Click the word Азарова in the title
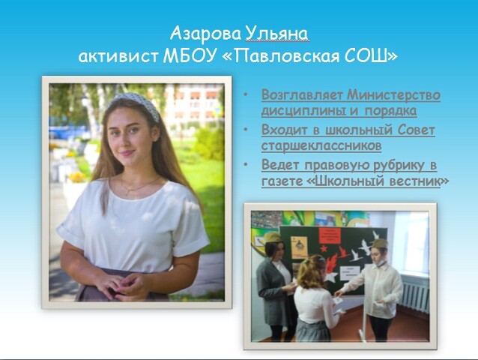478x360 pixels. pos(205,34)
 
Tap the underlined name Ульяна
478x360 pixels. pos(276,34)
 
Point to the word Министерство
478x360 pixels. pos(394,95)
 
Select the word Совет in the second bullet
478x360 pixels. pos(416,130)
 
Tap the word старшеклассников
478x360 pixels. pos(321,145)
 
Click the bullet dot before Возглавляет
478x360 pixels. pos(246,94)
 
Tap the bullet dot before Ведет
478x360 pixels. pos(246,165)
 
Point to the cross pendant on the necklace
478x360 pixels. pos(127,192)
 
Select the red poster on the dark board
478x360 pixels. pos(330,235)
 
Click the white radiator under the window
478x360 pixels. pos(414,294)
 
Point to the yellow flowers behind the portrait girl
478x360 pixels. pos(78,177)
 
